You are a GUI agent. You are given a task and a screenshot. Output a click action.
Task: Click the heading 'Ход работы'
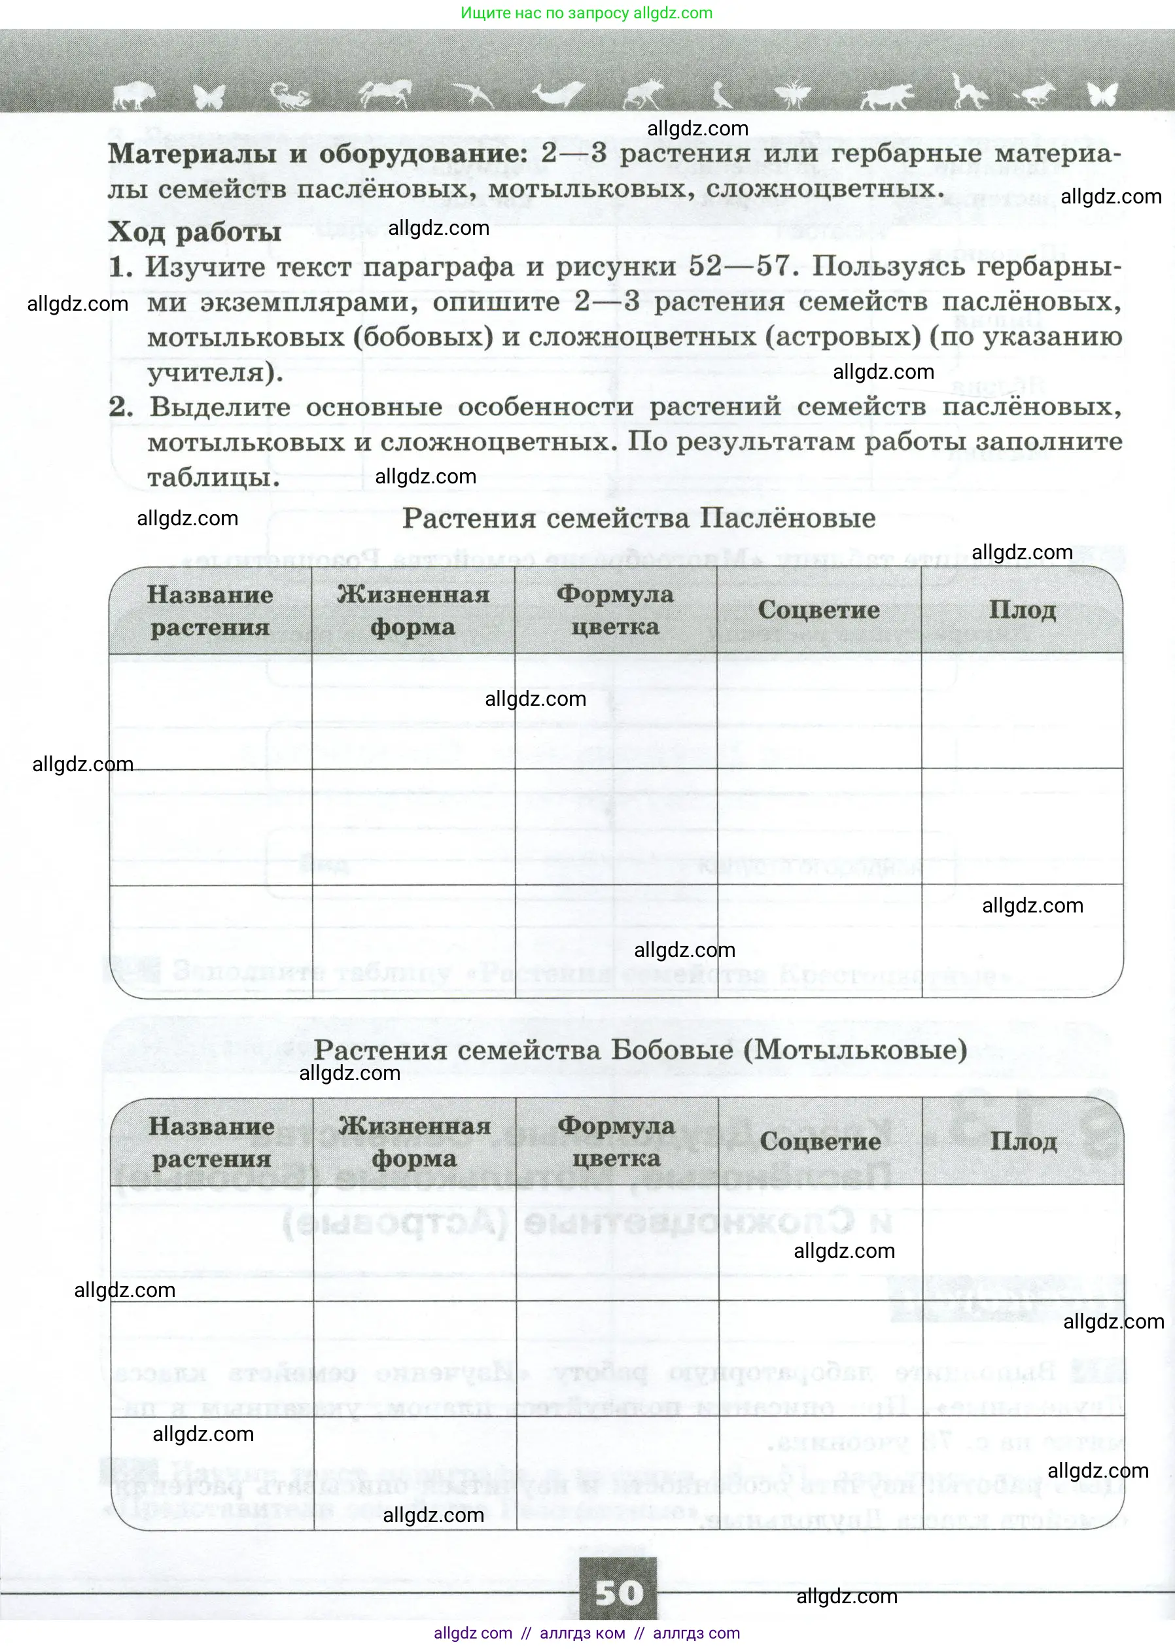[194, 232]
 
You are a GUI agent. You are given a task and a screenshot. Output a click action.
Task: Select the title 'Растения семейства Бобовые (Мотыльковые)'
[640, 1049]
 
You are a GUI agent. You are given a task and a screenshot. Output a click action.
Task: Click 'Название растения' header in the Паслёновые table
[210, 611]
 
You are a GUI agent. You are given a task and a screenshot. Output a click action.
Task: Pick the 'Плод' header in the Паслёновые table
[1022, 610]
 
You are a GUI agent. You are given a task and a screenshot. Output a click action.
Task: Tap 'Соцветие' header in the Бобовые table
[820, 1141]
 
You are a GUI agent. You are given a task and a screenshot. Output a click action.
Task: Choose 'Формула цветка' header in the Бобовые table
[616, 1142]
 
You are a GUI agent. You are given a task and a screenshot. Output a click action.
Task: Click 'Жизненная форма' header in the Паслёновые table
[413, 611]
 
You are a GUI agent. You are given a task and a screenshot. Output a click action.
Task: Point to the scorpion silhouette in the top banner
[289, 95]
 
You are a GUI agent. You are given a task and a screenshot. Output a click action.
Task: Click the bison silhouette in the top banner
[134, 95]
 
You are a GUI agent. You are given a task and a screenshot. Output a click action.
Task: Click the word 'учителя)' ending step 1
[215, 372]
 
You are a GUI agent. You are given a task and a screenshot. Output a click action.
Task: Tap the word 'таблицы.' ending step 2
[213, 477]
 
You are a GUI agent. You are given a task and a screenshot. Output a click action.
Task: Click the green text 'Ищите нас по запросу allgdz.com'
[587, 13]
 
